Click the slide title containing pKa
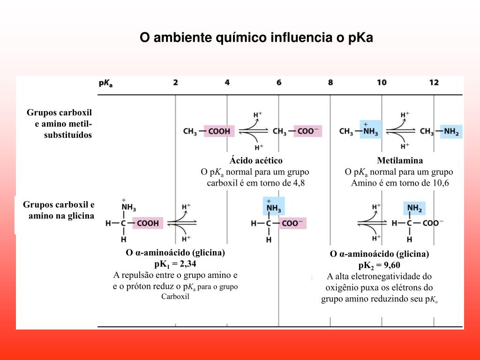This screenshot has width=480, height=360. [x=256, y=38]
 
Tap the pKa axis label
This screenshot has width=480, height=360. [x=105, y=83]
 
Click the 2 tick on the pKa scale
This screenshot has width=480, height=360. [x=175, y=82]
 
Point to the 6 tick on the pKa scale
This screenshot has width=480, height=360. [x=279, y=82]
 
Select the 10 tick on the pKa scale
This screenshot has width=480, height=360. [x=382, y=82]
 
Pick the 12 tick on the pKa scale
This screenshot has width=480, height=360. [x=434, y=82]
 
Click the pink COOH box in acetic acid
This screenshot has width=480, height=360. [x=219, y=132]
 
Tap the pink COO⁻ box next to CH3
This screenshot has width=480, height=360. [x=308, y=132]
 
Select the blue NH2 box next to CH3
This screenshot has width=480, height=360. [x=451, y=132]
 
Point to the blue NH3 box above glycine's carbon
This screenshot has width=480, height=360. [x=274, y=206]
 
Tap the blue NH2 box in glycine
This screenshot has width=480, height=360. [x=414, y=208]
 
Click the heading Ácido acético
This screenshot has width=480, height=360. [x=256, y=161]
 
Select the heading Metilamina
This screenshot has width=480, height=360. [x=400, y=161]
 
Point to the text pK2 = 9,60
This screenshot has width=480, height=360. [x=379, y=265]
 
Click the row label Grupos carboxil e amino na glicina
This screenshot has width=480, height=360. [x=59, y=210]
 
